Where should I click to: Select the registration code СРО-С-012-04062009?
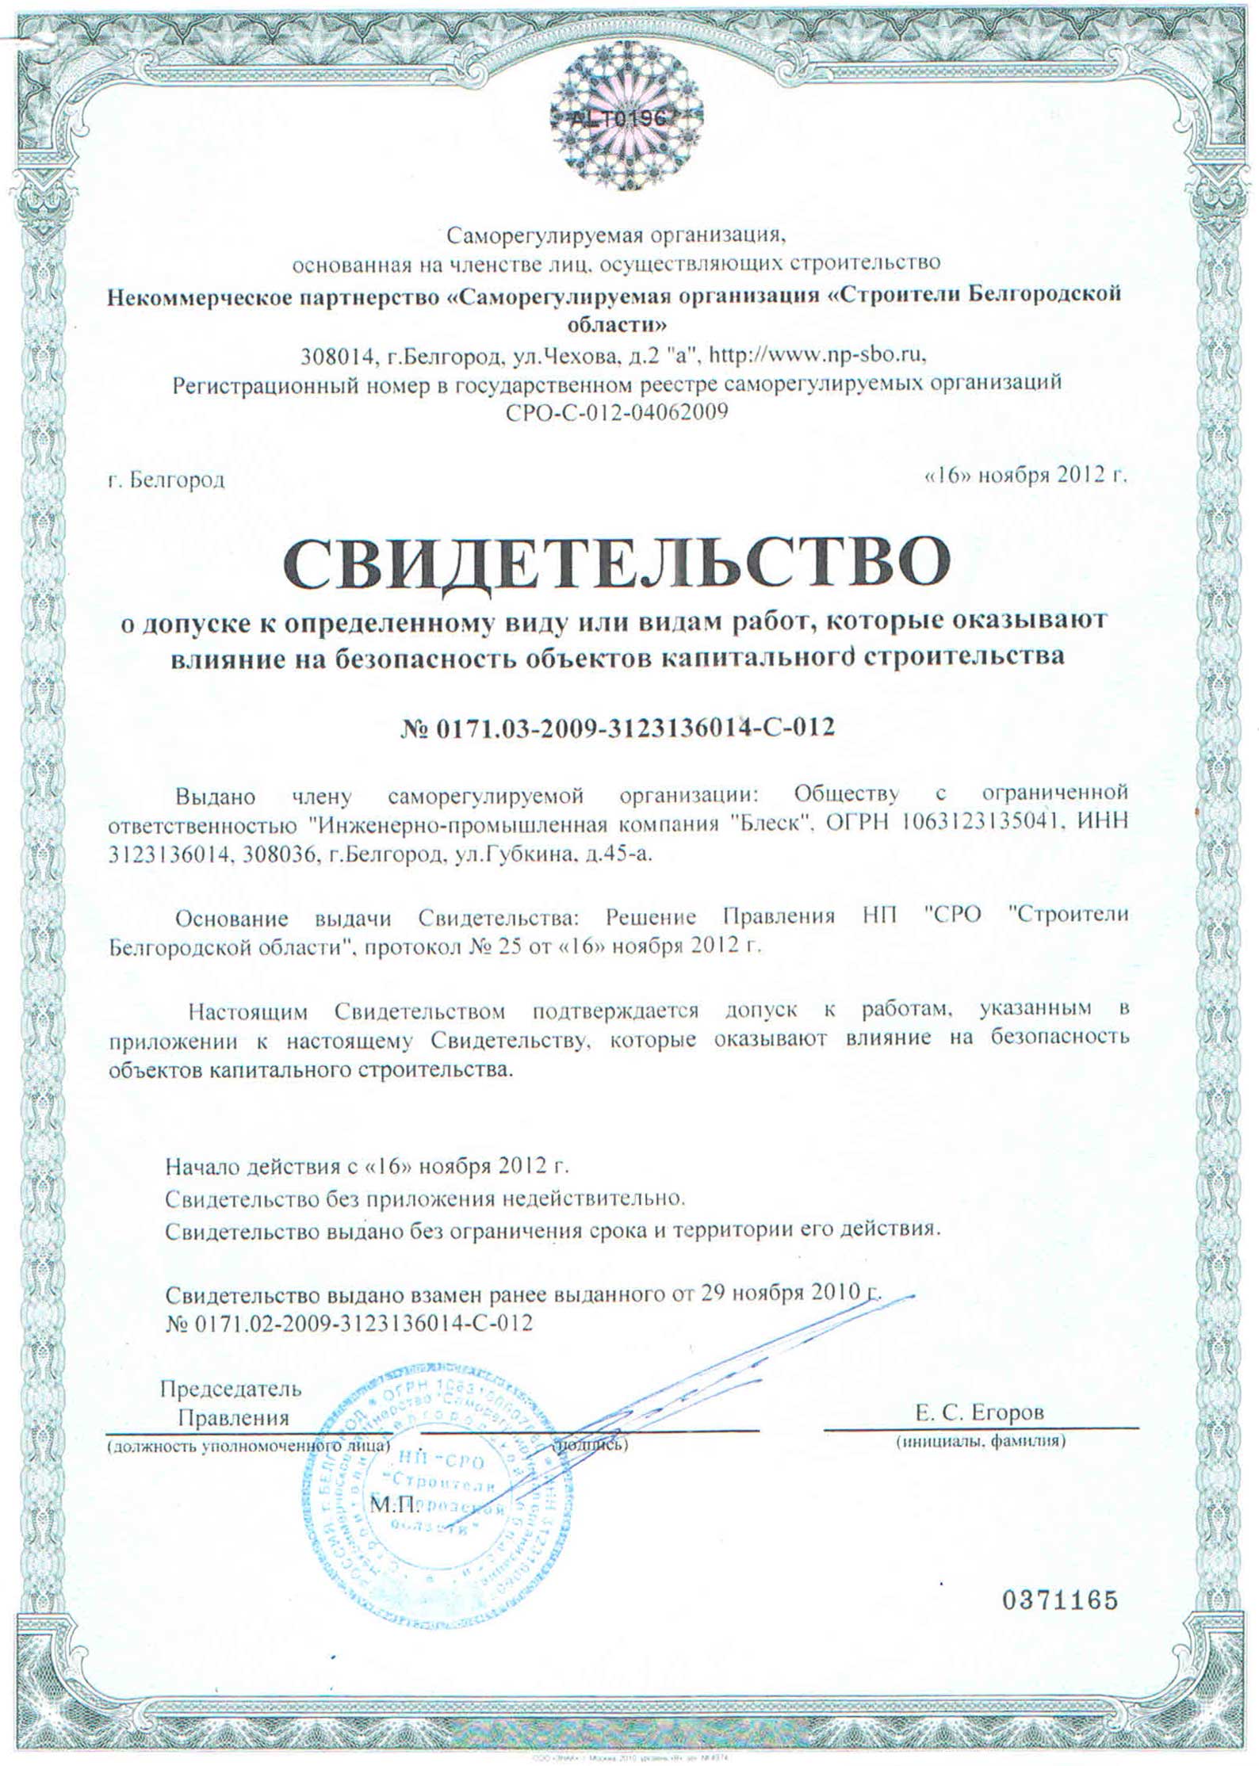[x=615, y=413]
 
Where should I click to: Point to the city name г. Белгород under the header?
[x=167, y=480]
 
